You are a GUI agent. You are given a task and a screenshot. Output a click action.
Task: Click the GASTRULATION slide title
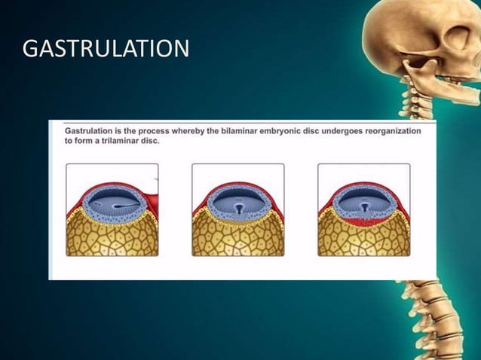coord(106,50)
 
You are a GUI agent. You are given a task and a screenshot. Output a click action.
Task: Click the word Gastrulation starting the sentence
coord(88,131)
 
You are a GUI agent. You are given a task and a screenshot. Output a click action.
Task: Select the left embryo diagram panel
coord(112,210)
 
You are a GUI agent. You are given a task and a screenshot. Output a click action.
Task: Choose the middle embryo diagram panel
coord(238,210)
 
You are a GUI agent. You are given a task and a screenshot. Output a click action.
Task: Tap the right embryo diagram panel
coord(364,210)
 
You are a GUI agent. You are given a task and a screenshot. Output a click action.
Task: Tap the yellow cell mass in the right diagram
coord(364,238)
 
